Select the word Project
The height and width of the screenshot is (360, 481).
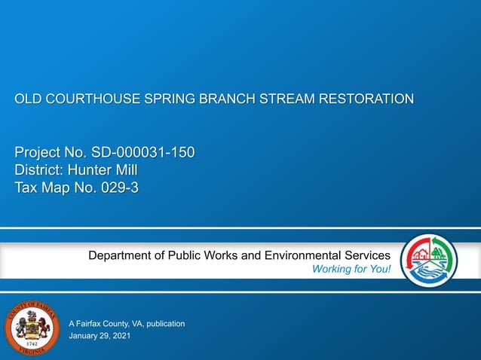click(x=38, y=153)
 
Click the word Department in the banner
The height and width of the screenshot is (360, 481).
click(x=123, y=255)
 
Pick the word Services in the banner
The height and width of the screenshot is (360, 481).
click(x=365, y=255)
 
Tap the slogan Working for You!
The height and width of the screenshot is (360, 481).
click(x=351, y=270)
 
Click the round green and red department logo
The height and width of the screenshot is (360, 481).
click(x=428, y=261)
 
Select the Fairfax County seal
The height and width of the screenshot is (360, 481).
click(x=32, y=329)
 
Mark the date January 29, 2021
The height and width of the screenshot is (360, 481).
click(x=99, y=336)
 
